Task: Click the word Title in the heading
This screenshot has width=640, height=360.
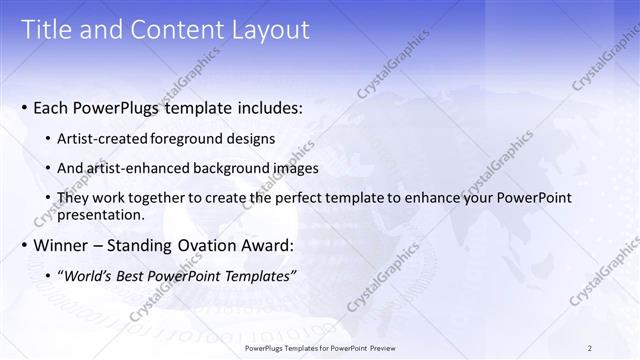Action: pyautogui.click(x=46, y=30)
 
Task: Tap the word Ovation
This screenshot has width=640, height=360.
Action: pyautogui.click(x=198, y=245)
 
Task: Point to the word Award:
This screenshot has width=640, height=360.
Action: pyautogui.click(x=264, y=245)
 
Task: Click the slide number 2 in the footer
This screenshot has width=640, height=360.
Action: pyautogui.click(x=590, y=348)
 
